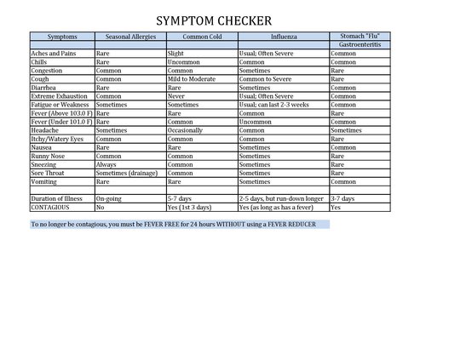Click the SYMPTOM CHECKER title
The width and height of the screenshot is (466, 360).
point(215,20)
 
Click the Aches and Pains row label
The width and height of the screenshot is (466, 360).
point(53,53)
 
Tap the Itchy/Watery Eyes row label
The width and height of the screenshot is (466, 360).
point(57,139)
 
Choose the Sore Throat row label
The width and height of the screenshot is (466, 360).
point(50,173)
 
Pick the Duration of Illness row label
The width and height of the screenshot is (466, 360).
point(59,198)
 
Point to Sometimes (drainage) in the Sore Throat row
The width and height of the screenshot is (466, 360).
point(126,173)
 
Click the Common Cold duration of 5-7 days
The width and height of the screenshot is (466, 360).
point(181,198)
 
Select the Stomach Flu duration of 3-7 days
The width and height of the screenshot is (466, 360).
point(342,198)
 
